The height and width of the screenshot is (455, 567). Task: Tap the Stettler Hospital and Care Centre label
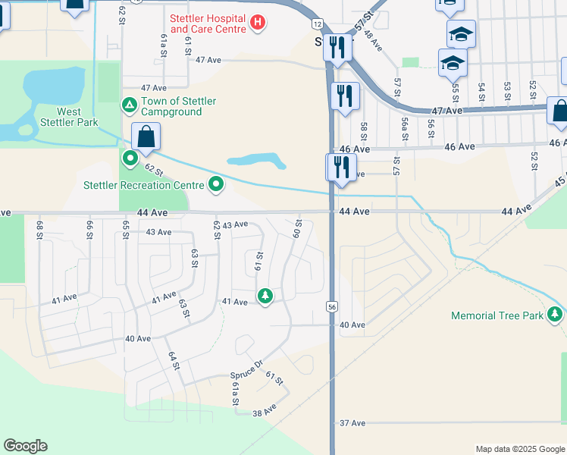click(x=208, y=24)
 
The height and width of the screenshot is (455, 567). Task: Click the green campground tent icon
click(x=130, y=103)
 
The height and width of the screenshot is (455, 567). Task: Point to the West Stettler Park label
click(x=68, y=118)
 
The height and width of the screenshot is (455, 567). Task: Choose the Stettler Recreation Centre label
click(x=144, y=184)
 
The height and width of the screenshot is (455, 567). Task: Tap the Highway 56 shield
click(x=332, y=306)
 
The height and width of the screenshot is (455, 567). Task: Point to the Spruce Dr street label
click(x=246, y=374)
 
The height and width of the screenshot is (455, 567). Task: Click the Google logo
click(x=25, y=446)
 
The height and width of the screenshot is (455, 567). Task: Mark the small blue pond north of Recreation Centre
click(x=256, y=161)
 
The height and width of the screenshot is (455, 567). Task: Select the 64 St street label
click(x=172, y=360)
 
